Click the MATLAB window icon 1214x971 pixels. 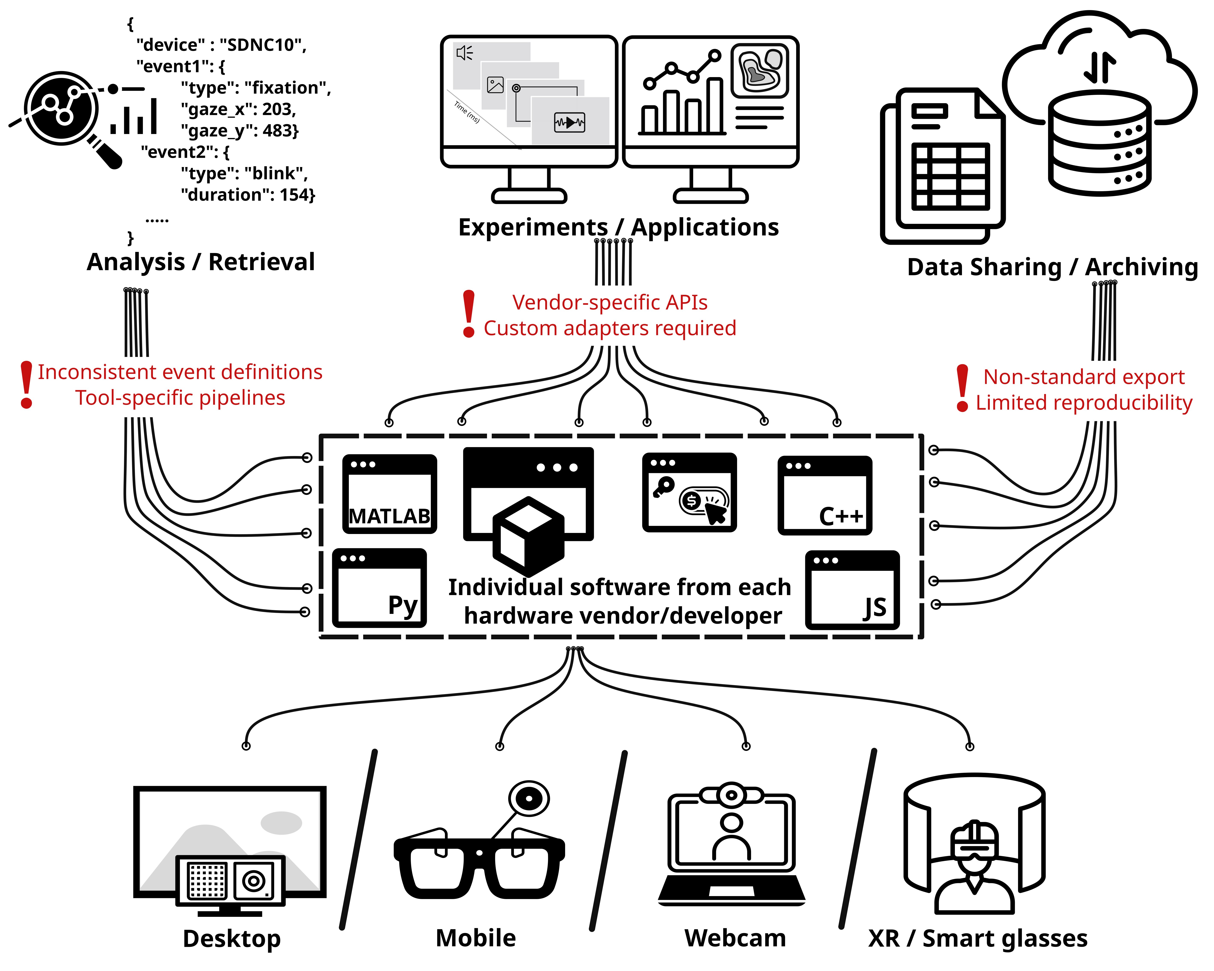click(390, 494)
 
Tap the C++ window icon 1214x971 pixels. click(825, 495)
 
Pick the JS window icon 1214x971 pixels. click(852, 590)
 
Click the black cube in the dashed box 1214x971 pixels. click(528, 532)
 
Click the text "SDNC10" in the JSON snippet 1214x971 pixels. click(262, 45)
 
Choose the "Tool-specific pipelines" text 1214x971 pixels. click(180, 398)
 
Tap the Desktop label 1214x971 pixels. click(231, 938)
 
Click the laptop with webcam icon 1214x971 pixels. click(732, 844)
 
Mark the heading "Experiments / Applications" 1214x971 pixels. click(618, 227)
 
